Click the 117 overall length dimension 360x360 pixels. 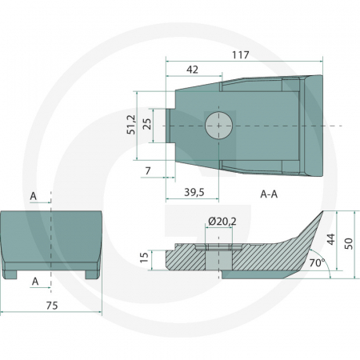click(x=241, y=55)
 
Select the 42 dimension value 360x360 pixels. click(x=192, y=70)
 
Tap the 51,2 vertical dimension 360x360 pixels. click(x=131, y=125)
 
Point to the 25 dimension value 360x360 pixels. click(x=147, y=123)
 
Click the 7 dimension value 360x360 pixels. click(x=148, y=170)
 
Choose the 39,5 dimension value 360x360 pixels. click(x=194, y=192)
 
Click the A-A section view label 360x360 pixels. click(x=269, y=194)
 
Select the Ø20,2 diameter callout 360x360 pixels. click(x=222, y=222)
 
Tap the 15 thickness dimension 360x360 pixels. click(x=144, y=258)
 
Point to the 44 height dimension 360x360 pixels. click(x=330, y=239)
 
